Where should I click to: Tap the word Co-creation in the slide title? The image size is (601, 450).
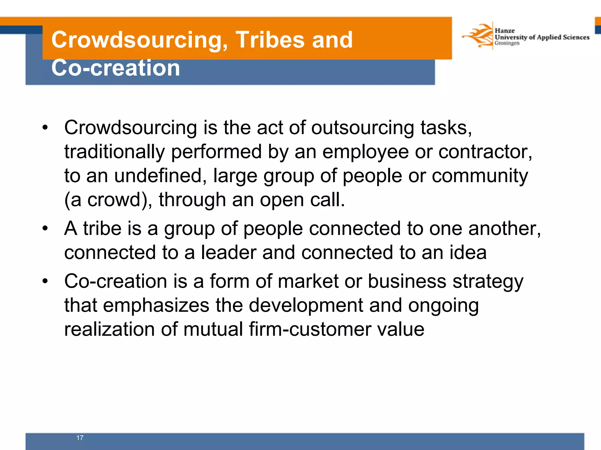click(116, 68)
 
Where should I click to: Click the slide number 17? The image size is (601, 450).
click(80, 438)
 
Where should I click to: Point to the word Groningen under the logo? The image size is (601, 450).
click(507, 43)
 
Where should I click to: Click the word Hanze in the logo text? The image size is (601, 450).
click(504, 30)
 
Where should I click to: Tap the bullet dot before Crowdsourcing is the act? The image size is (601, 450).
click(45, 128)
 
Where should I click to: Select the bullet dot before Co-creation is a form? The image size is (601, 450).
click(45, 281)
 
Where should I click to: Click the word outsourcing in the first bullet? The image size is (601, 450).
click(362, 128)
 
